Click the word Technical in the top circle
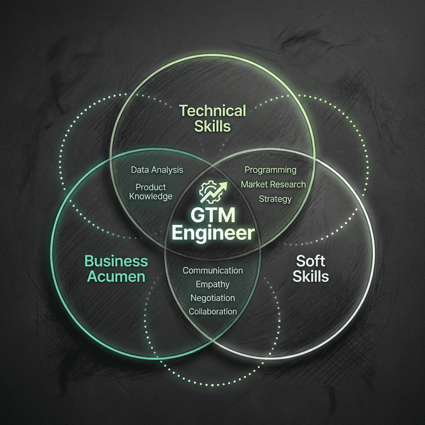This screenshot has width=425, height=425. [x=212, y=111]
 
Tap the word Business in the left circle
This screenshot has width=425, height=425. [x=116, y=261]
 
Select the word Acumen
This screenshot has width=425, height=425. [x=116, y=276]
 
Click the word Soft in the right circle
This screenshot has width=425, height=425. [x=310, y=261]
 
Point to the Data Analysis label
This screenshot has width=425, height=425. [x=156, y=170]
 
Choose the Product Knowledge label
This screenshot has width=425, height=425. [x=151, y=192]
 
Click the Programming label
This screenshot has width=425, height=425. [x=270, y=170]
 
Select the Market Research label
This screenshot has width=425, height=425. [x=273, y=184]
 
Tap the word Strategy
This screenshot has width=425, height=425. [x=275, y=199]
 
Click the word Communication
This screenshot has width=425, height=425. [x=212, y=271]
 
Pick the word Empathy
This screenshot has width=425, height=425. [x=212, y=285]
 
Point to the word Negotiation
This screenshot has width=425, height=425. [x=212, y=298]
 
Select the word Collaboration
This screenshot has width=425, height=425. [x=212, y=311]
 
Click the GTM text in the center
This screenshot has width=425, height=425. [x=212, y=215]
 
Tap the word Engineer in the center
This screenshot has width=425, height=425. [x=212, y=233]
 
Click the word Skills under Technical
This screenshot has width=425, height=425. [x=212, y=125]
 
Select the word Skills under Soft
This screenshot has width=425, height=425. [x=310, y=276]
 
